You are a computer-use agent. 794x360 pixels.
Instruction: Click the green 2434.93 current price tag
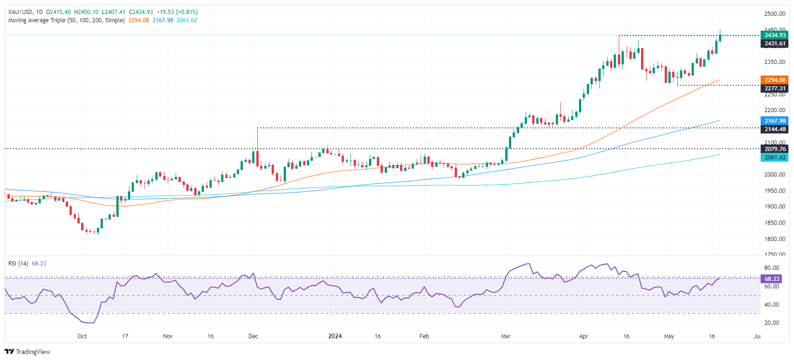775,35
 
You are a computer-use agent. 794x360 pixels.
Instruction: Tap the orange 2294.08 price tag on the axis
775,80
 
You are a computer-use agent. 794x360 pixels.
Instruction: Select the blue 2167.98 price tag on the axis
775,121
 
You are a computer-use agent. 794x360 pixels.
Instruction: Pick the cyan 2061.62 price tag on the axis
775,158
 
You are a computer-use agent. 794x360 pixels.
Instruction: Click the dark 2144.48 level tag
775,129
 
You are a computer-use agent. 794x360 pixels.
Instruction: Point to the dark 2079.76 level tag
775,149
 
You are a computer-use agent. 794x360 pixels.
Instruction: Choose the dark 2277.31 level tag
775,88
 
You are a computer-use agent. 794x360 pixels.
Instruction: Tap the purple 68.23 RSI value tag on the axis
772,279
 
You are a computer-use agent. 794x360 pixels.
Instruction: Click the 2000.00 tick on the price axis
775,175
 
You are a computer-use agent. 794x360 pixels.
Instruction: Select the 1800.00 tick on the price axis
775,239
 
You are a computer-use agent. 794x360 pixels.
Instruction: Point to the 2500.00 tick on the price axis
775,14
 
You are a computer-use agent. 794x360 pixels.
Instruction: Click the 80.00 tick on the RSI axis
771,268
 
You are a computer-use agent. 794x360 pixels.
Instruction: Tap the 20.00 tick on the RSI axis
771,323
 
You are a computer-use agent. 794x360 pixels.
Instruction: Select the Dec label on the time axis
253,336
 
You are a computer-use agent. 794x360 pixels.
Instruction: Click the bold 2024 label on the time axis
335,336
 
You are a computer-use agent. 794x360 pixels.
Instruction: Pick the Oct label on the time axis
82,336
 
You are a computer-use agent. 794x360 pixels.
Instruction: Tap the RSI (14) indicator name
18,264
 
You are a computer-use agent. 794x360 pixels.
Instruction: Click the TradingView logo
27,352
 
